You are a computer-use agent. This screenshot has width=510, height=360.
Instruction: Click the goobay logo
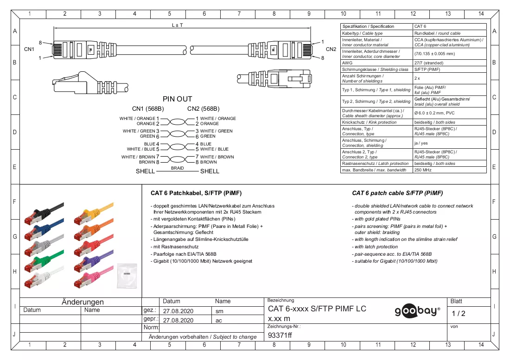417,311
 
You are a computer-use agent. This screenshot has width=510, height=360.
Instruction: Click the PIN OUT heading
177,99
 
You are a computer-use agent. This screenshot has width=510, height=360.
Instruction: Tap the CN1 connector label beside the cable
29,49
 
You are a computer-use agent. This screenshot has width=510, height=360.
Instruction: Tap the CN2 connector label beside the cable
331,49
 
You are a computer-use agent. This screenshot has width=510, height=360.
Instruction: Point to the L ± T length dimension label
177,25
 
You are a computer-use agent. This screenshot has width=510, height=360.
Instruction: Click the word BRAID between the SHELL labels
177,168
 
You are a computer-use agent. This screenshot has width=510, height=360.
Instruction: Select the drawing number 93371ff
280,335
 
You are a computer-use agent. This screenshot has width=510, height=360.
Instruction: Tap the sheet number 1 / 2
458,314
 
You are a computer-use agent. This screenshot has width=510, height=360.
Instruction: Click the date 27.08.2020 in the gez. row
178,311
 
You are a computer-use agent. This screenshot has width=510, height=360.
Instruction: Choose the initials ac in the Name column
218,320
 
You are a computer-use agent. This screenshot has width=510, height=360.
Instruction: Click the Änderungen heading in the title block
83,302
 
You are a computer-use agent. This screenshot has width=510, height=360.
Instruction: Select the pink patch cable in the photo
94,277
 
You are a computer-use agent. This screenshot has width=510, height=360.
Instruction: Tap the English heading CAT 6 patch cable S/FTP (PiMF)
397,193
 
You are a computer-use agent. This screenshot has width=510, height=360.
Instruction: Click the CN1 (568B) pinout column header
148,108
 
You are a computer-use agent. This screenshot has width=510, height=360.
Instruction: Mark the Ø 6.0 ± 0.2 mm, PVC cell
434,113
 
